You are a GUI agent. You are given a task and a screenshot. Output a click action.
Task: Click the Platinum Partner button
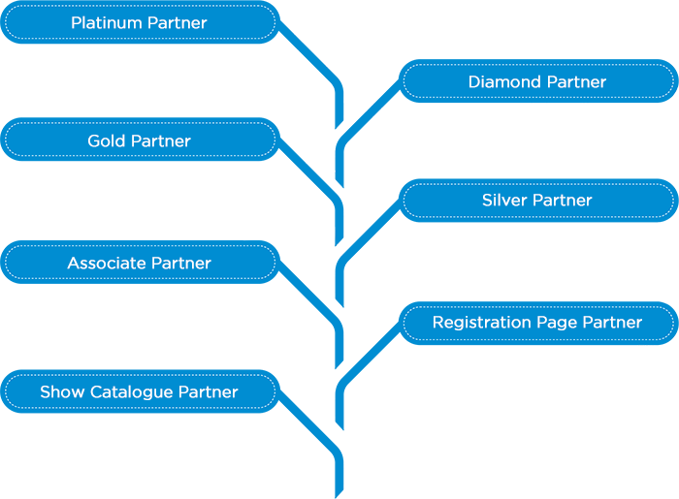tap(140, 22)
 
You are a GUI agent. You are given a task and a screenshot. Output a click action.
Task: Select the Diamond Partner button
tap(537, 81)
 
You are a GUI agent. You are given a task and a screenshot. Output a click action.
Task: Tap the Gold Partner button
tap(140, 140)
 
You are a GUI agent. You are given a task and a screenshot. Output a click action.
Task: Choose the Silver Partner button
tap(537, 201)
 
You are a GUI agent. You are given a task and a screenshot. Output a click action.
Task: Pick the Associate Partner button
tap(140, 263)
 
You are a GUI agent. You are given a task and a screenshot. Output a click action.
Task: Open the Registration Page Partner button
tap(537, 323)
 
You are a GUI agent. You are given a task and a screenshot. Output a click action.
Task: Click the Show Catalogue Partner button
tap(140, 392)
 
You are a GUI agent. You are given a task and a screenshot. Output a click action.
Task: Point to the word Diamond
tap(502, 82)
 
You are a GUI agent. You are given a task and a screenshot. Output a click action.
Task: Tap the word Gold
tap(107, 141)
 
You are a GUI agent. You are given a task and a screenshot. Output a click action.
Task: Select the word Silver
tap(504, 201)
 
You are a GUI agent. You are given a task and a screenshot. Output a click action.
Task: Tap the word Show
tap(62, 392)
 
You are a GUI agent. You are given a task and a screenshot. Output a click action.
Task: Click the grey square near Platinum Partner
tap(344, 44)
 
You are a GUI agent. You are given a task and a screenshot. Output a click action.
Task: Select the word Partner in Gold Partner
tap(161, 141)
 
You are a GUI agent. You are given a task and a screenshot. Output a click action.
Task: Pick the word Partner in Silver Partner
tap(564, 201)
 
